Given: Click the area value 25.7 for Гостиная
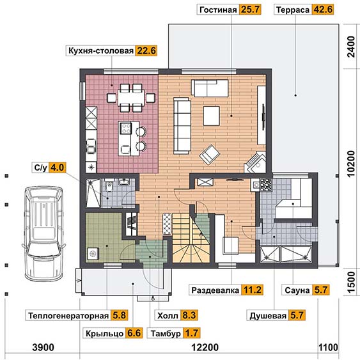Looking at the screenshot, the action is (250, 10).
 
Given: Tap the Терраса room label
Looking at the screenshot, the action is (293, 10).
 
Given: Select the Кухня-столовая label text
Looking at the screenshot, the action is (101, 51).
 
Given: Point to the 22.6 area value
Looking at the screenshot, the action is (146, 51).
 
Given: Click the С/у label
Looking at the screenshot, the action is (40, 168).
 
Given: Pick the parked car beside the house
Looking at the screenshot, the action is (43, 233).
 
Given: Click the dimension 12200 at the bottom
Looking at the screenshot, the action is (205, 347).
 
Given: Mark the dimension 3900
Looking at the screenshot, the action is (43, 347).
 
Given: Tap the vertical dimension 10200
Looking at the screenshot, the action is (351, 164).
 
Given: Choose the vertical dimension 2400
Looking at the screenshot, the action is (351, 47).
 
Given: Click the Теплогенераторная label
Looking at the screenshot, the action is (68, 315).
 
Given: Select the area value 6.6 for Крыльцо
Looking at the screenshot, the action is (134, 333).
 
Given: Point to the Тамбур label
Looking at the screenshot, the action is (166, 333).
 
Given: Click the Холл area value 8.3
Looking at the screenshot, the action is (189, 315).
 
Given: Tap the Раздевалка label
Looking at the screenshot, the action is (215, 290).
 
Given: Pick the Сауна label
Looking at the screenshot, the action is (297, 290).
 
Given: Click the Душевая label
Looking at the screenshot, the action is (268, 315).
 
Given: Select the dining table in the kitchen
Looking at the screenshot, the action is (131, 98).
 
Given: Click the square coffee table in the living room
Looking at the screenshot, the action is (211, 116).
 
